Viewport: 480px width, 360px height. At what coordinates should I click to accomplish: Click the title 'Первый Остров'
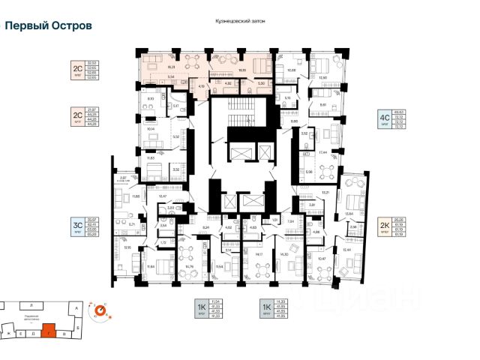point(49,25)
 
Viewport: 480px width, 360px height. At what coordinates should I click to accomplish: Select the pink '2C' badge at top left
point(76,69)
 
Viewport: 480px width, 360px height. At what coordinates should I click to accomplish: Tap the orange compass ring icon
point(99,308)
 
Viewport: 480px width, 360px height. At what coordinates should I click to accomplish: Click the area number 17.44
point(325,152)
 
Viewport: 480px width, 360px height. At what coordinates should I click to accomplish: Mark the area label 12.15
point(127,247)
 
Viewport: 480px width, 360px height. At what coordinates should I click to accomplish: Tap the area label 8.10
point(150,98)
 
